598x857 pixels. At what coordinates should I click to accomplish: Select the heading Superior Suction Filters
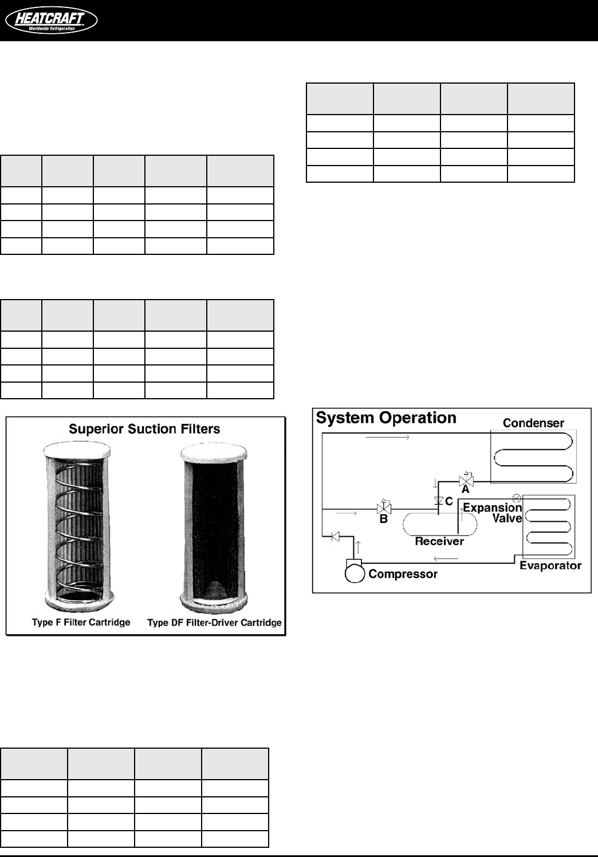144,428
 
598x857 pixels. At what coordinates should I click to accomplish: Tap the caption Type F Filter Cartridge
81,622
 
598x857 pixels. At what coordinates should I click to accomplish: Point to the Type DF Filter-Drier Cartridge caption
214,623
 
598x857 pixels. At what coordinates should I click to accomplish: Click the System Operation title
386,418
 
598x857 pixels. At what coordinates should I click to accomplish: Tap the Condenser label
533,423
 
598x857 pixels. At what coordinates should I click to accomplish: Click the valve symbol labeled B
383,508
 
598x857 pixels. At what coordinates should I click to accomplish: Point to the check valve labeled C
439,501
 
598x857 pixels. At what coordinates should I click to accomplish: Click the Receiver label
439,541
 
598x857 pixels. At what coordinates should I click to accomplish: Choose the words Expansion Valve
493,513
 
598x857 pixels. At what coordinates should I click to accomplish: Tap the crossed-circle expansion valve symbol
516,498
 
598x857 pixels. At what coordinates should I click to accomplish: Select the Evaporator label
550,565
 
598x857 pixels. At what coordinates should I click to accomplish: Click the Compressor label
403,573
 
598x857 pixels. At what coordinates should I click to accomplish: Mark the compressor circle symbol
355,573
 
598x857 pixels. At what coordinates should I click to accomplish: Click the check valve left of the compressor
336,536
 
